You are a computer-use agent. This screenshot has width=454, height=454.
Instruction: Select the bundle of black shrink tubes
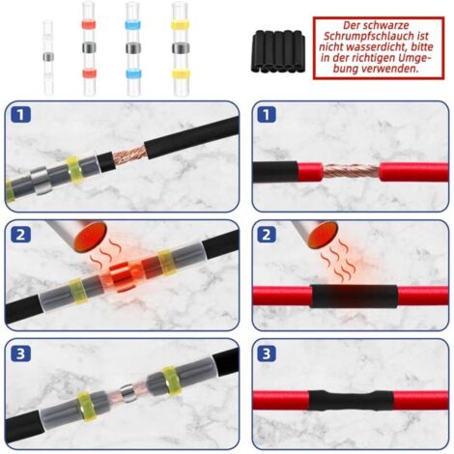click(277, 51)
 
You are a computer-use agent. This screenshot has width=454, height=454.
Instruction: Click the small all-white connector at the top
click(48, 57)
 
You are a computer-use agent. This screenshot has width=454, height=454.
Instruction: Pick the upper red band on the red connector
click(89, 25)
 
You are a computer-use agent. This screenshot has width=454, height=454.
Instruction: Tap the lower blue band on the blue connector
click(132, 73)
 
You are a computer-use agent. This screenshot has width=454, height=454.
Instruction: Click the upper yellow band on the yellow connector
click(180, 24)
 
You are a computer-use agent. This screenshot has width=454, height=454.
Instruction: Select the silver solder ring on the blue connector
click(132, 48)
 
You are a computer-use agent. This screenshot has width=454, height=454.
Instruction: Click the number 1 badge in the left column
click(21, 115)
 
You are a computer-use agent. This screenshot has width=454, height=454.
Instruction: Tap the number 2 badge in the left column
click(21, 235)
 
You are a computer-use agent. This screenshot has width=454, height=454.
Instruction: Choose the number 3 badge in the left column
click(21, 354)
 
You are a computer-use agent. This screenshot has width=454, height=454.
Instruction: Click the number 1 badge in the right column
click(267, 115)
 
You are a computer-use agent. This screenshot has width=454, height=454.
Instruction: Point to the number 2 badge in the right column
click(267, 235)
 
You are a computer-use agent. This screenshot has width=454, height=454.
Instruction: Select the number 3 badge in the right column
click(267, 354)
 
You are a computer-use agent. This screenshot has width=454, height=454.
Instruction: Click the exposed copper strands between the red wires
click(351, 171)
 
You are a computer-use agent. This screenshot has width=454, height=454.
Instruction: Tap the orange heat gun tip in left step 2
click(90, 237)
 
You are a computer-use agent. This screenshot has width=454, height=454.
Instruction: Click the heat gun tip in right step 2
click(325, 236)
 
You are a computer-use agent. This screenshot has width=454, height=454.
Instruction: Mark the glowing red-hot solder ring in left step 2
click(123, 276)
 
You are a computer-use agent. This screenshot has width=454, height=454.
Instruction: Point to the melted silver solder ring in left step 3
click(128, 392)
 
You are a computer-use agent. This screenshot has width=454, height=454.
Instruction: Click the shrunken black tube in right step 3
click(351, 400)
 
